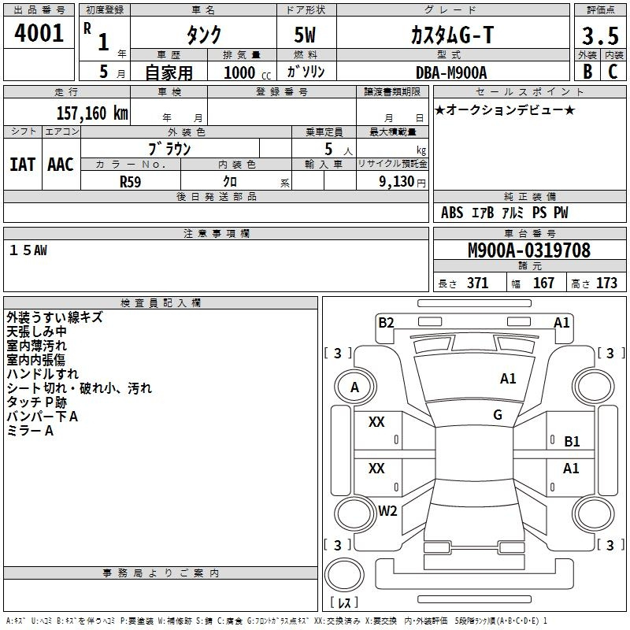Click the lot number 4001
tap(39, 33)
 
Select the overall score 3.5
tap(600, 35)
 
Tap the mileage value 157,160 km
tap(92, 113)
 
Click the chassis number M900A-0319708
tap(529, 250)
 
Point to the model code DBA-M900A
tap(451, 72)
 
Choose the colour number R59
tap(131, 182)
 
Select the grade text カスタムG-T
tap(452, 35)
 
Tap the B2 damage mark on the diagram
tap(386, 323)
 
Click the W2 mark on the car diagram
tap(387, 510)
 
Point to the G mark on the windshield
tap(498, 415)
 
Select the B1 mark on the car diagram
tap(572, 442)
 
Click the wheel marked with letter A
tap(355, 387)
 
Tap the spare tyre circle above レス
tap(344, 575)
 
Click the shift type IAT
tap(23, 165)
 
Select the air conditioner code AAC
tap(61, 165)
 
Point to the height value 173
tap(606, 283)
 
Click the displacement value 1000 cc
tap(247, 72)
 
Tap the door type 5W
tap(305, 35)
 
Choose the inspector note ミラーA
tap(30, 431)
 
